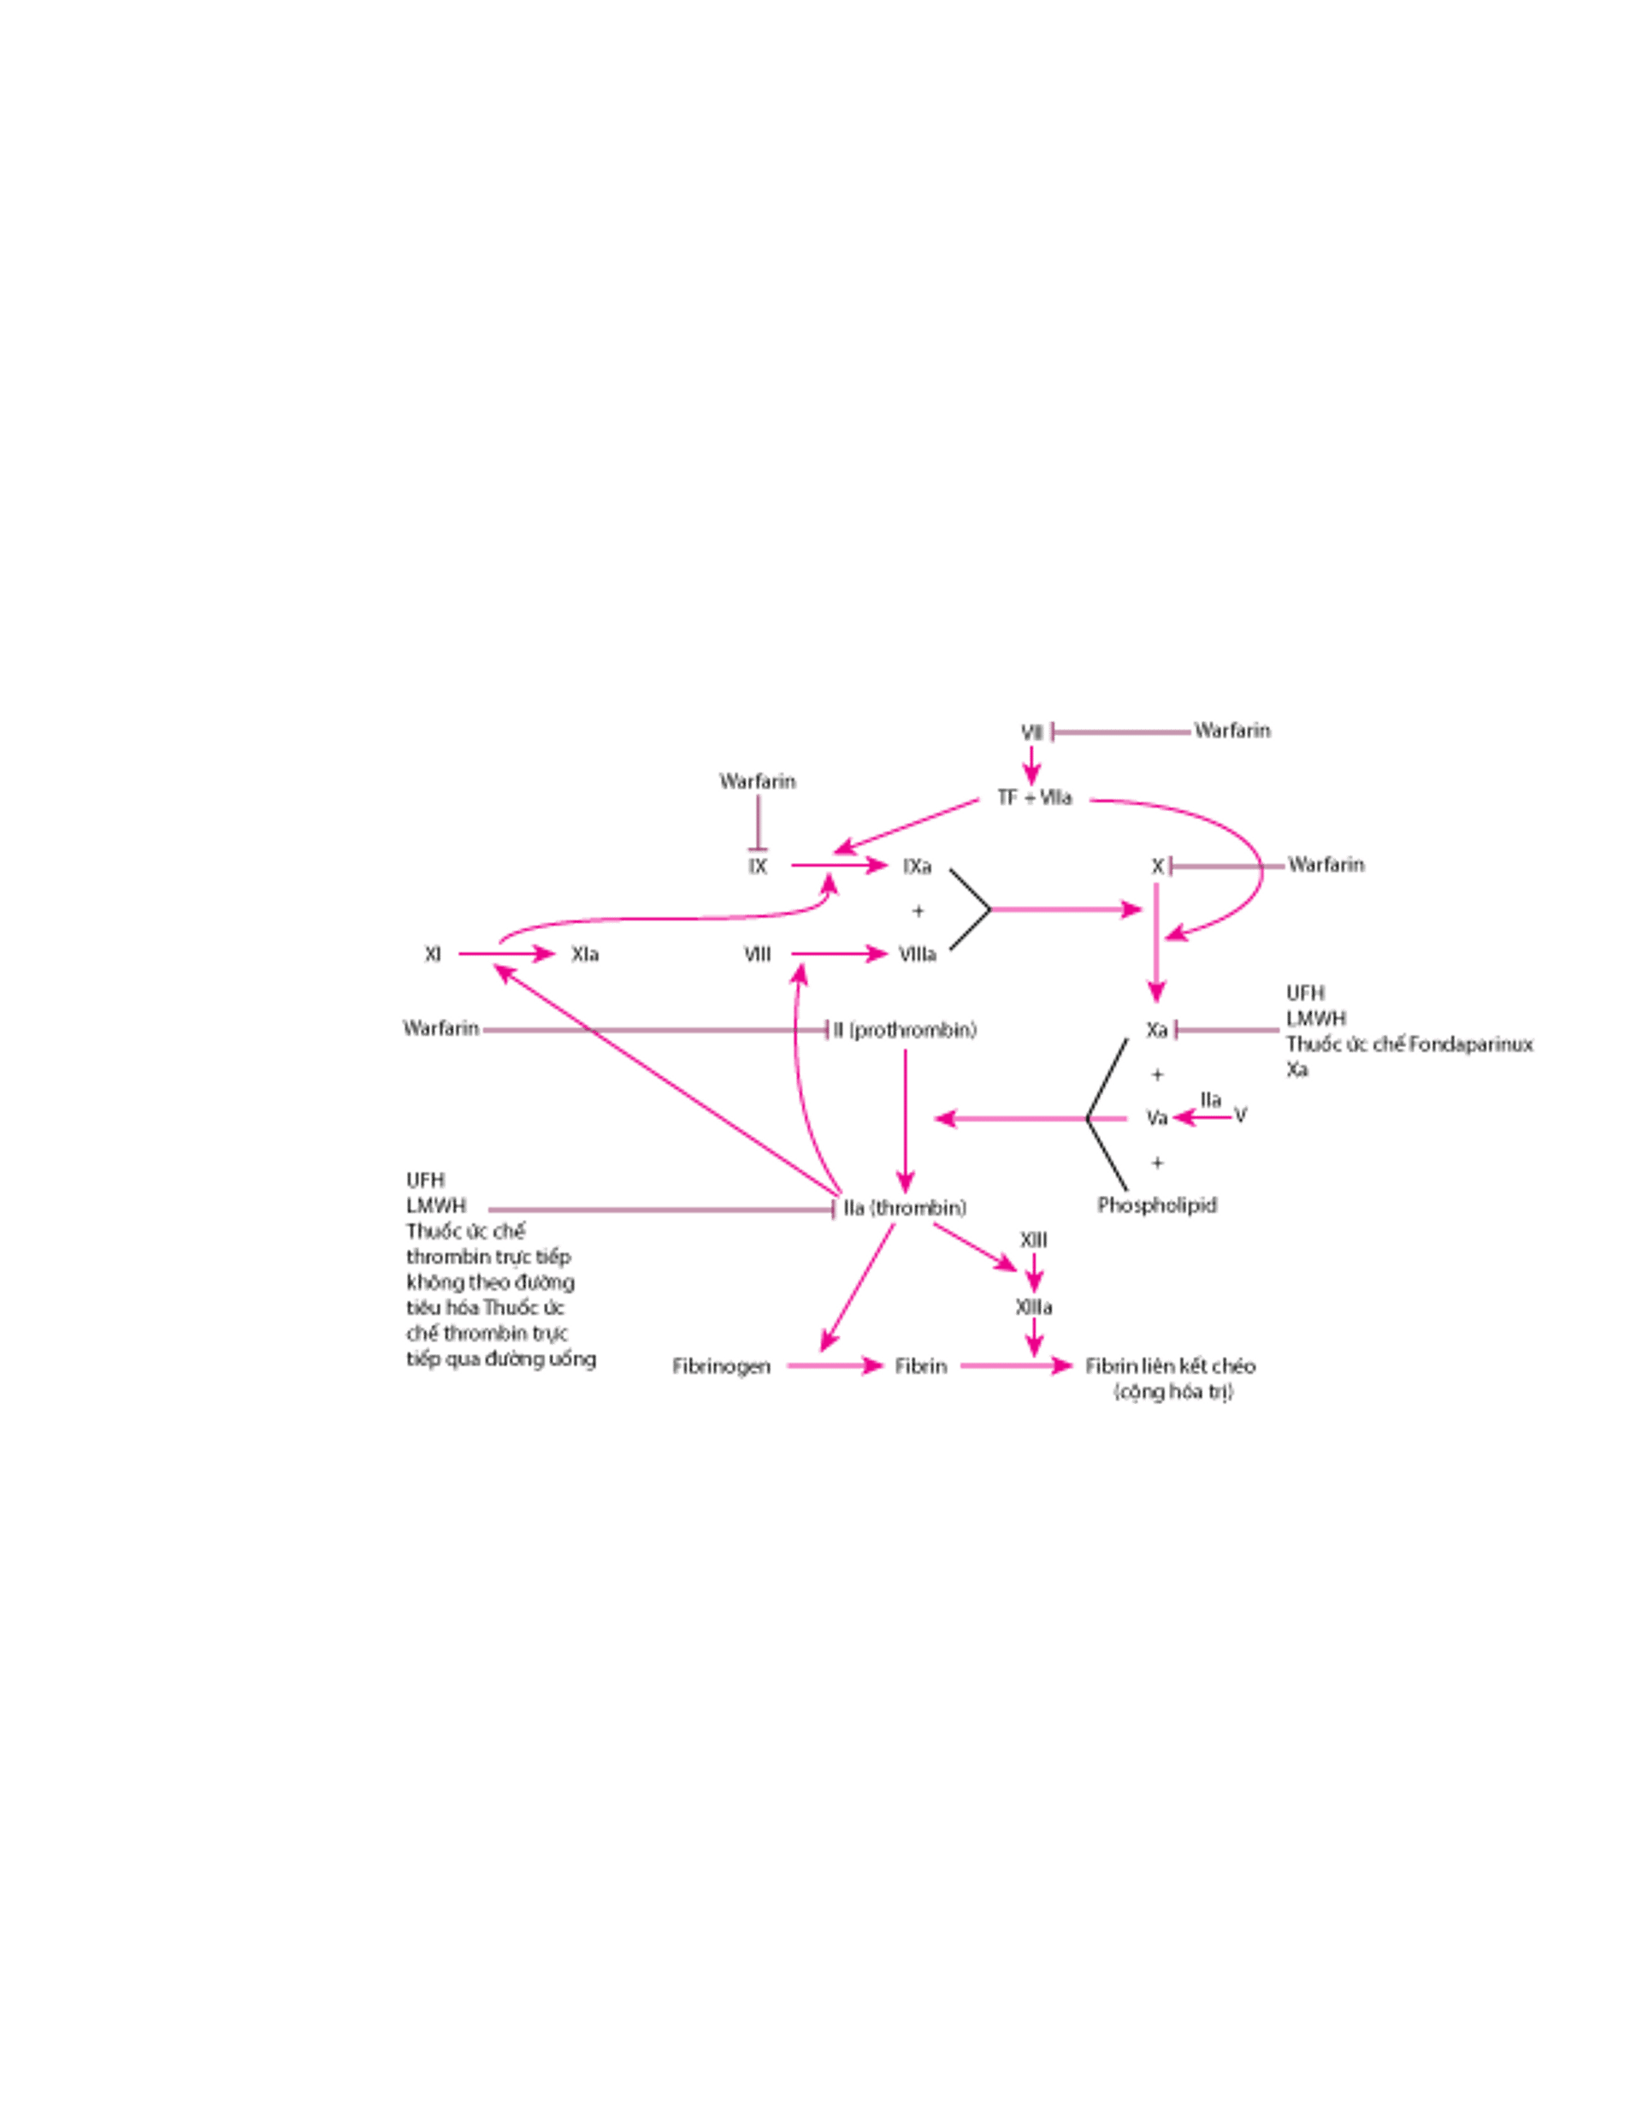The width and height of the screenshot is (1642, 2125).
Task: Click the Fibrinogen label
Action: point(722,1367)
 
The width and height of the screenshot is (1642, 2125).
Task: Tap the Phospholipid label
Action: point(1158,1205)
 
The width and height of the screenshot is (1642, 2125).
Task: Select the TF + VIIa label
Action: point(1037,798)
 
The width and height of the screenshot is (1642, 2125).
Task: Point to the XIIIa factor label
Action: point(1033,1305)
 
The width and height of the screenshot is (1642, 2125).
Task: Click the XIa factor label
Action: point(583,956)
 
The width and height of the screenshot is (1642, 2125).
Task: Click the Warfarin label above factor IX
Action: point(758,780)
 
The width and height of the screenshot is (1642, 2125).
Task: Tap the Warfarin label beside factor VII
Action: point(1232,731)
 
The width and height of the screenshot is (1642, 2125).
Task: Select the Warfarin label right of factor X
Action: point(1326,864)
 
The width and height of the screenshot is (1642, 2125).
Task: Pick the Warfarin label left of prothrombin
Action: point(441,1028)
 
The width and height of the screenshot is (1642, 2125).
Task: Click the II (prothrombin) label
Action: point(901,1029)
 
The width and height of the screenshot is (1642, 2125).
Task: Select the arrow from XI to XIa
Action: point(505,956)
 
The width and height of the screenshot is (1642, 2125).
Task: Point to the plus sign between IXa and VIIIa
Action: point(918,911)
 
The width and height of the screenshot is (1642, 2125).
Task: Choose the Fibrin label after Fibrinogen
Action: point(920,1367)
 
